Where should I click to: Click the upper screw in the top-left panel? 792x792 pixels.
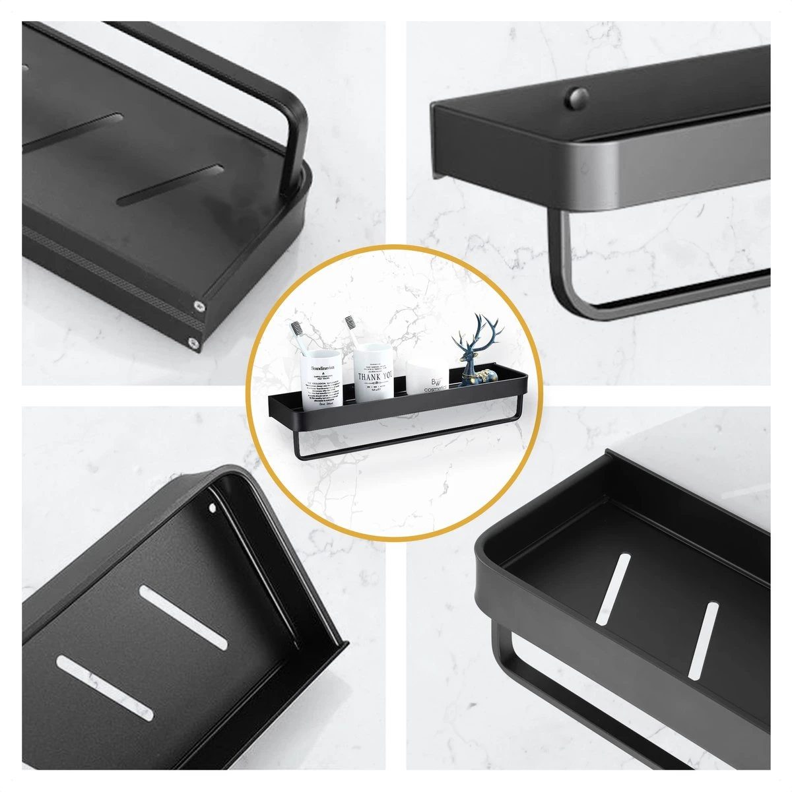click(x=199, y=306)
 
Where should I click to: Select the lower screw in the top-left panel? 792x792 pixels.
click(x=193, y=342)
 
